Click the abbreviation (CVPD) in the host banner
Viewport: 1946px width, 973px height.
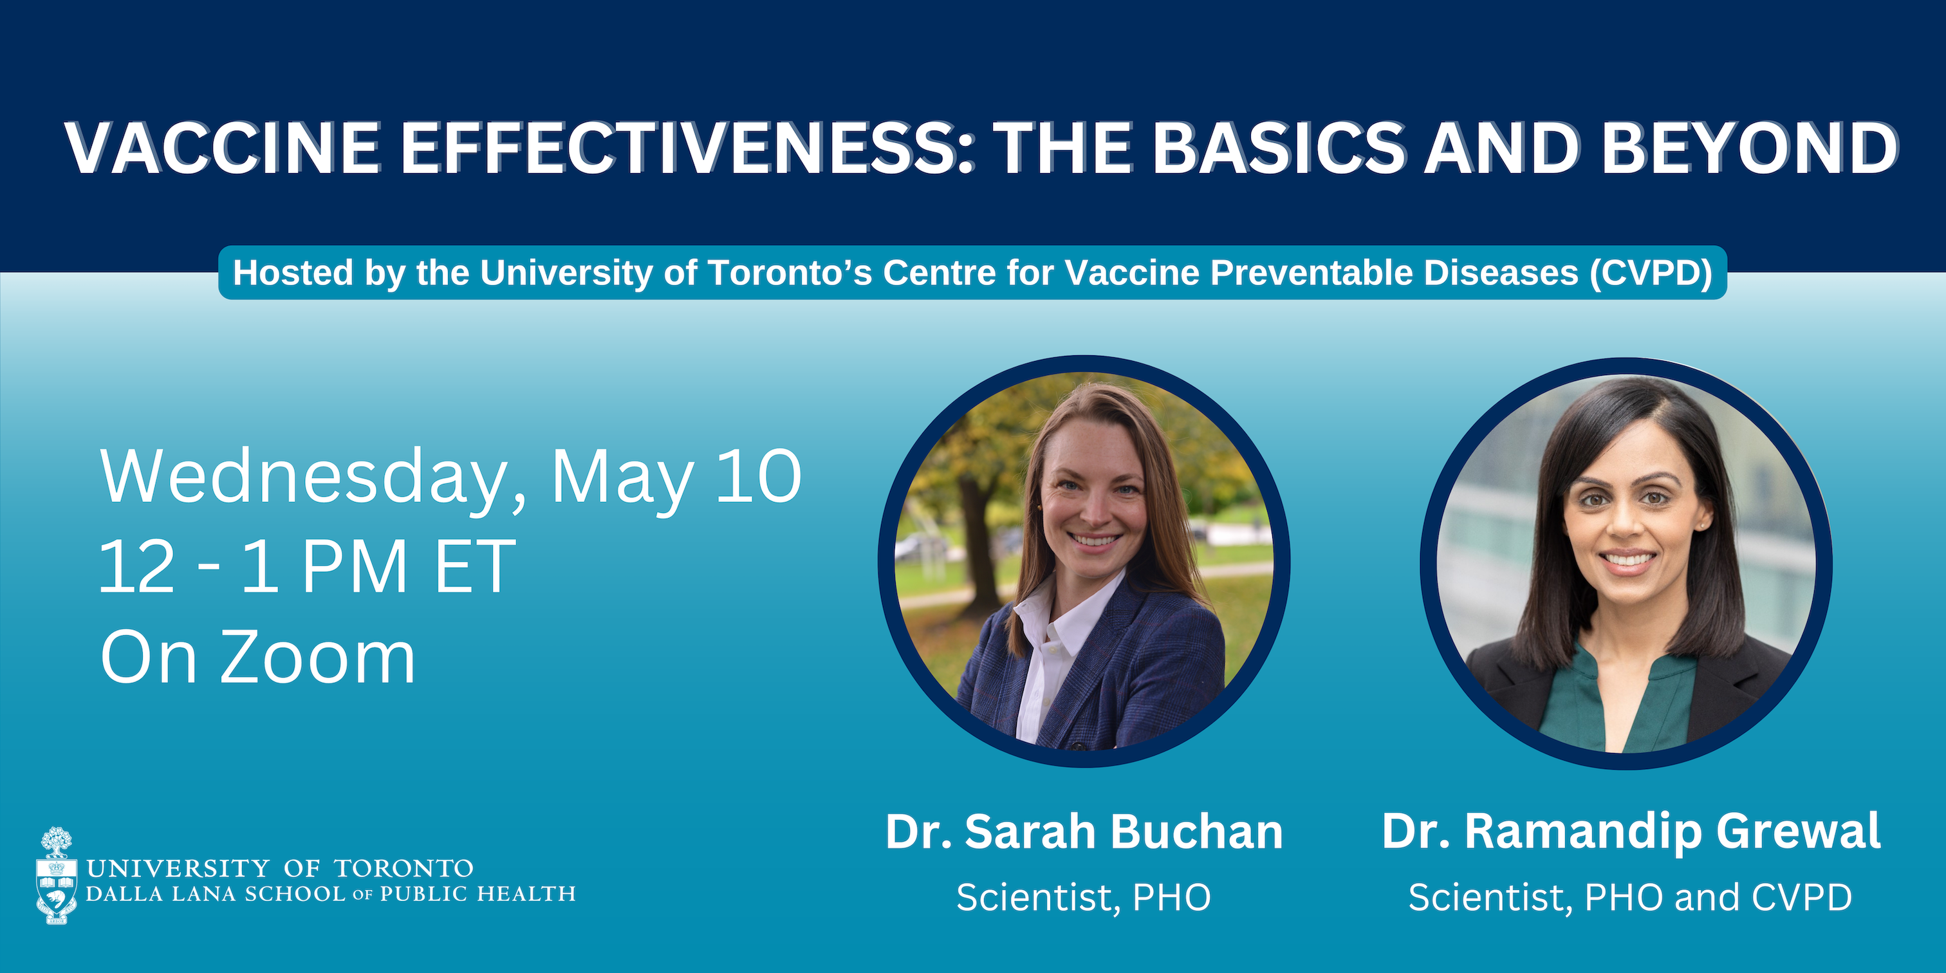pyautogui.click(x=1650, y=273)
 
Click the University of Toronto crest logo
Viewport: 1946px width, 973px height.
pyautogui.click(x=57, y=876)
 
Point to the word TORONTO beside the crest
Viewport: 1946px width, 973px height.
pyautogui.click(x=404, y=869)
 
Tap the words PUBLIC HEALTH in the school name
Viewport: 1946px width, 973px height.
pyautogui.click(x=477, y=894)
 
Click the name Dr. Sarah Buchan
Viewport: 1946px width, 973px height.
pyautogui.click(x=1084, y=831)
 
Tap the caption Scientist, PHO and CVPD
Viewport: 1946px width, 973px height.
pyautogui.click(x=1630, y=898)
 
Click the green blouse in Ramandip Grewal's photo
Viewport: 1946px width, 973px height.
pyautogui.click(x=1617, y=703)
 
